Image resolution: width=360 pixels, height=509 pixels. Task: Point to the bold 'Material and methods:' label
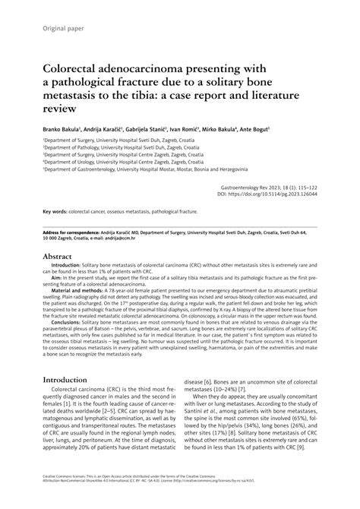81,292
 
